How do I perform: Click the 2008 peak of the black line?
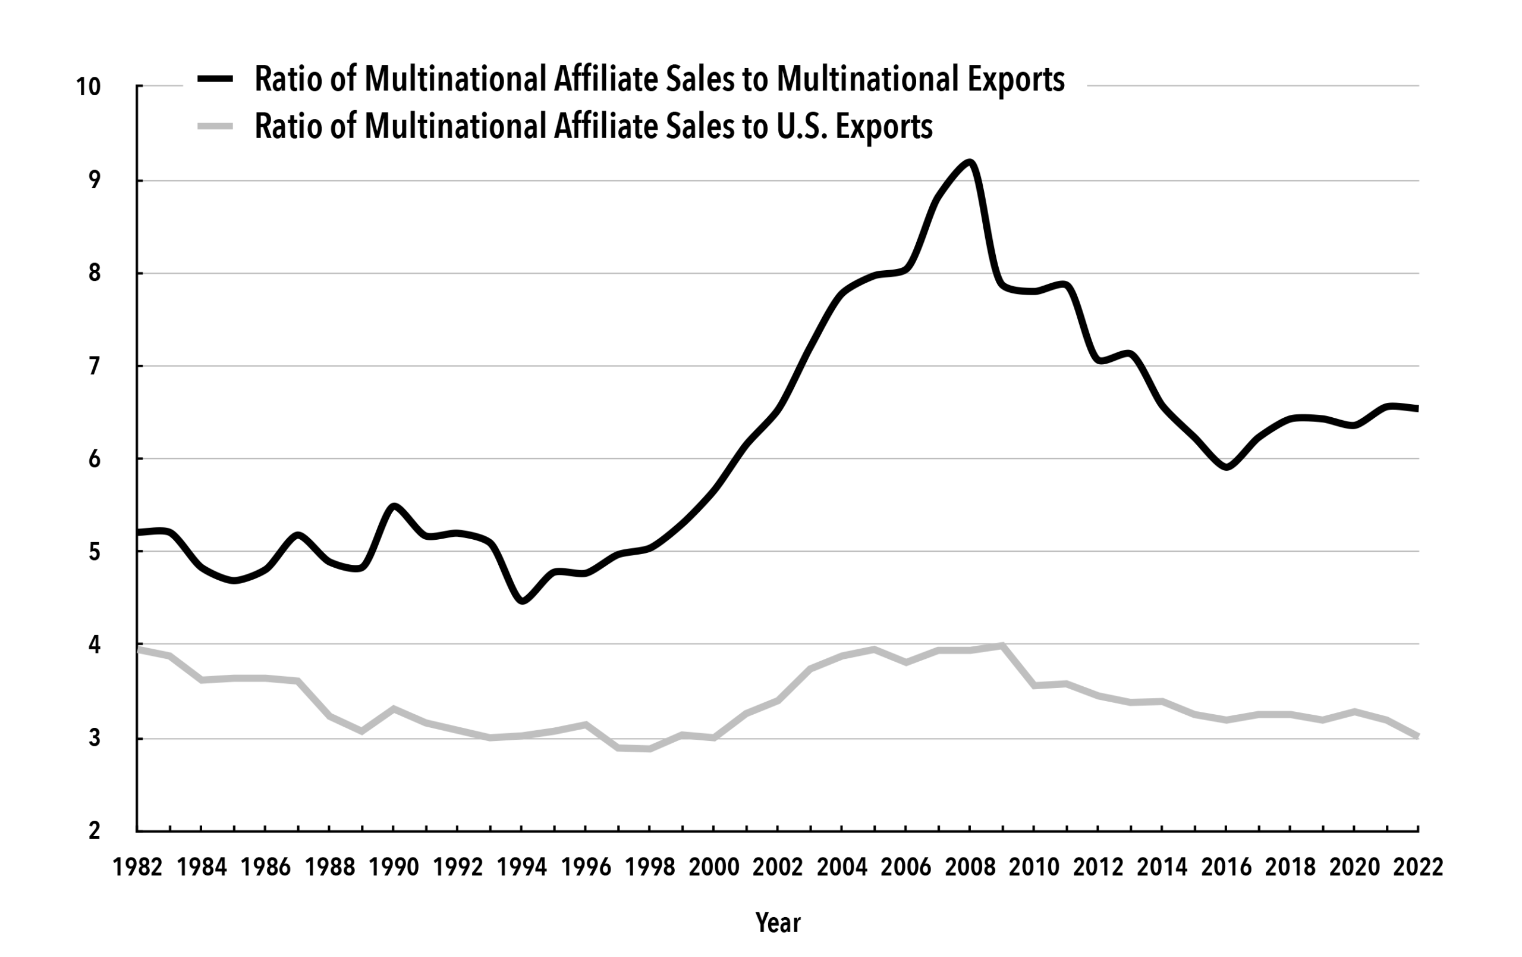[970, 162]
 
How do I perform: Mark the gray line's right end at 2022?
[1418, 736]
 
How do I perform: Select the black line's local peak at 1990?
[394, 506]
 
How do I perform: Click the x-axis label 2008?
[970, 867]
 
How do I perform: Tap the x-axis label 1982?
[138, 867]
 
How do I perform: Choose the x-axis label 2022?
[1419, 867]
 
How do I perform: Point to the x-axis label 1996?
[586, 867]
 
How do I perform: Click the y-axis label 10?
[88, 87]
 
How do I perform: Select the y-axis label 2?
[94, 830]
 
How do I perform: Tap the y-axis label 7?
[94, 366]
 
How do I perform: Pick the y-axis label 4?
[94, 645]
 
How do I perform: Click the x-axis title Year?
[778, 923]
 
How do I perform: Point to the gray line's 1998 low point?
[650, 749]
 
